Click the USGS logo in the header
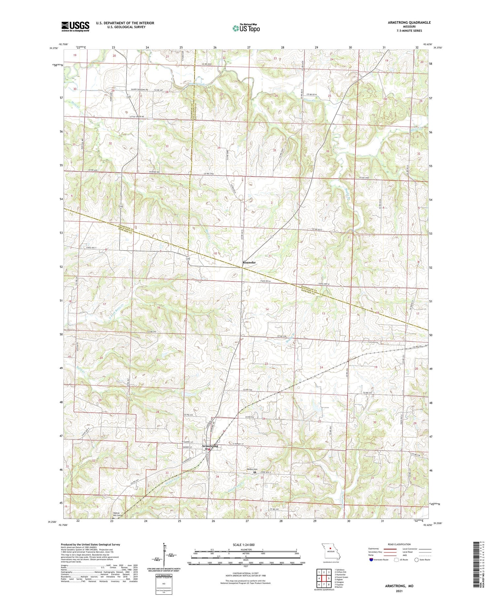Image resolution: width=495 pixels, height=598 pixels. click(75, 26)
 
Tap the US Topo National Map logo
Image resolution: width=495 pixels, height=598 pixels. click(246, 28)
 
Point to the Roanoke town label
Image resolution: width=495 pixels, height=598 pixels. click(249, 263)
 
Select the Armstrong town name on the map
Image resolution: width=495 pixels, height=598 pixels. click(210, 446)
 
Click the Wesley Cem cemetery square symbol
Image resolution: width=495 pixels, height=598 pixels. click(254, 472)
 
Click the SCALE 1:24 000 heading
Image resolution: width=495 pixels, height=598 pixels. click(244, 545)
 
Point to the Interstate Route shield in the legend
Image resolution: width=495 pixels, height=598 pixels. click(372, 560)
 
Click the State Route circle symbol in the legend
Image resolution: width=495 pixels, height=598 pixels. click(417, 560)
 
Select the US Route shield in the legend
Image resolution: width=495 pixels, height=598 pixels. click(396, 560)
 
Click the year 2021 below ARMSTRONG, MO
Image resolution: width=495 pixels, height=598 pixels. click(399, 591)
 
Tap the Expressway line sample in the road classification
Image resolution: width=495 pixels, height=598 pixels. click(391, 549)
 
